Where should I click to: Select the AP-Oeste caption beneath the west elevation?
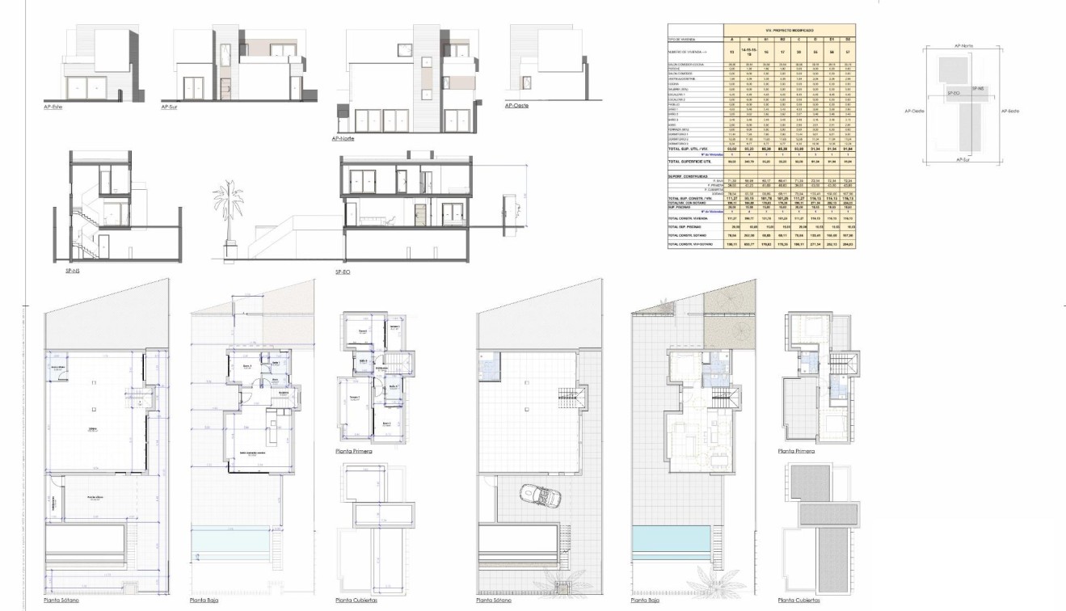[x=516, y=105]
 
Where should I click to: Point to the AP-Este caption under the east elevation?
[x=53, y=106]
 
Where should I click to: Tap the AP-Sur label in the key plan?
[x=962, y=160]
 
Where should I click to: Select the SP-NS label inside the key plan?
[x=978, y=87]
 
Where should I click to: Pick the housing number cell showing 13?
[x=732, y=51]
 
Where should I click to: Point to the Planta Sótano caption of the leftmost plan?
[x=61, y=600]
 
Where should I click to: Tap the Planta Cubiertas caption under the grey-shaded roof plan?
[x=798, y=600]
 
